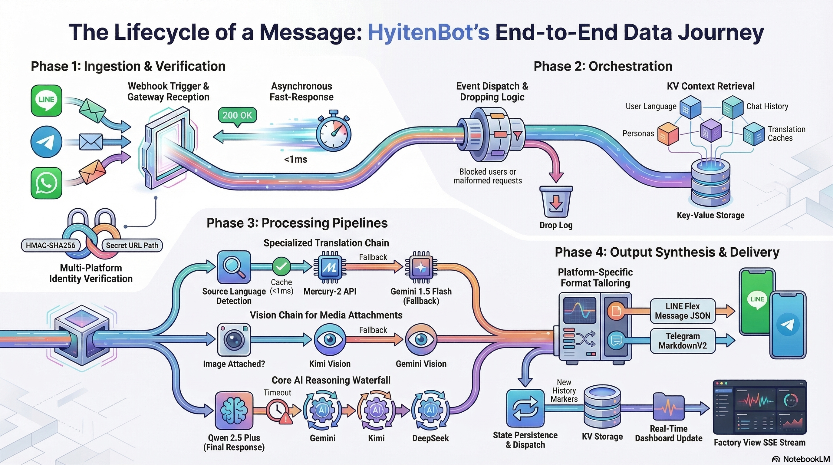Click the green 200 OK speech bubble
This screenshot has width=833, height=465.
coord(237,115)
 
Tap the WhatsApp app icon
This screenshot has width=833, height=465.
coord(46,183)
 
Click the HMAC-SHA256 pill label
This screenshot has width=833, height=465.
coord(51,246)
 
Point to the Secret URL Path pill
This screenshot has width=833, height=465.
coord(132,246)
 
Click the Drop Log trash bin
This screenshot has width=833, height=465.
coord(556,202)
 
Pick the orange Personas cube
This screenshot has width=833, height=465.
coord(668,134)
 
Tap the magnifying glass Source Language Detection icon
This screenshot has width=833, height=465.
coord(234,267)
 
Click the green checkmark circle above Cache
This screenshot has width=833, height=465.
coord(281,266)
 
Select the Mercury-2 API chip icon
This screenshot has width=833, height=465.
coord(330,267)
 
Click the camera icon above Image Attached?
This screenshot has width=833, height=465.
coord(234,340)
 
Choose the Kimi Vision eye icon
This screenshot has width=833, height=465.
coord(330,340)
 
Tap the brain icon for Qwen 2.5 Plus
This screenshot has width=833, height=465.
coord(234,410)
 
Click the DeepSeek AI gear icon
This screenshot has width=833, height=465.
coord(430,410)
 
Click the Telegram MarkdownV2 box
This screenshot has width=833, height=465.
coord(683,341)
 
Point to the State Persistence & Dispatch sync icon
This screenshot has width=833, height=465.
coord(525,408)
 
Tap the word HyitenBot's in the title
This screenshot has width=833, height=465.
coord(429,32)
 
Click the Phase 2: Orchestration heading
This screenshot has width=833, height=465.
coord(603,66)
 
